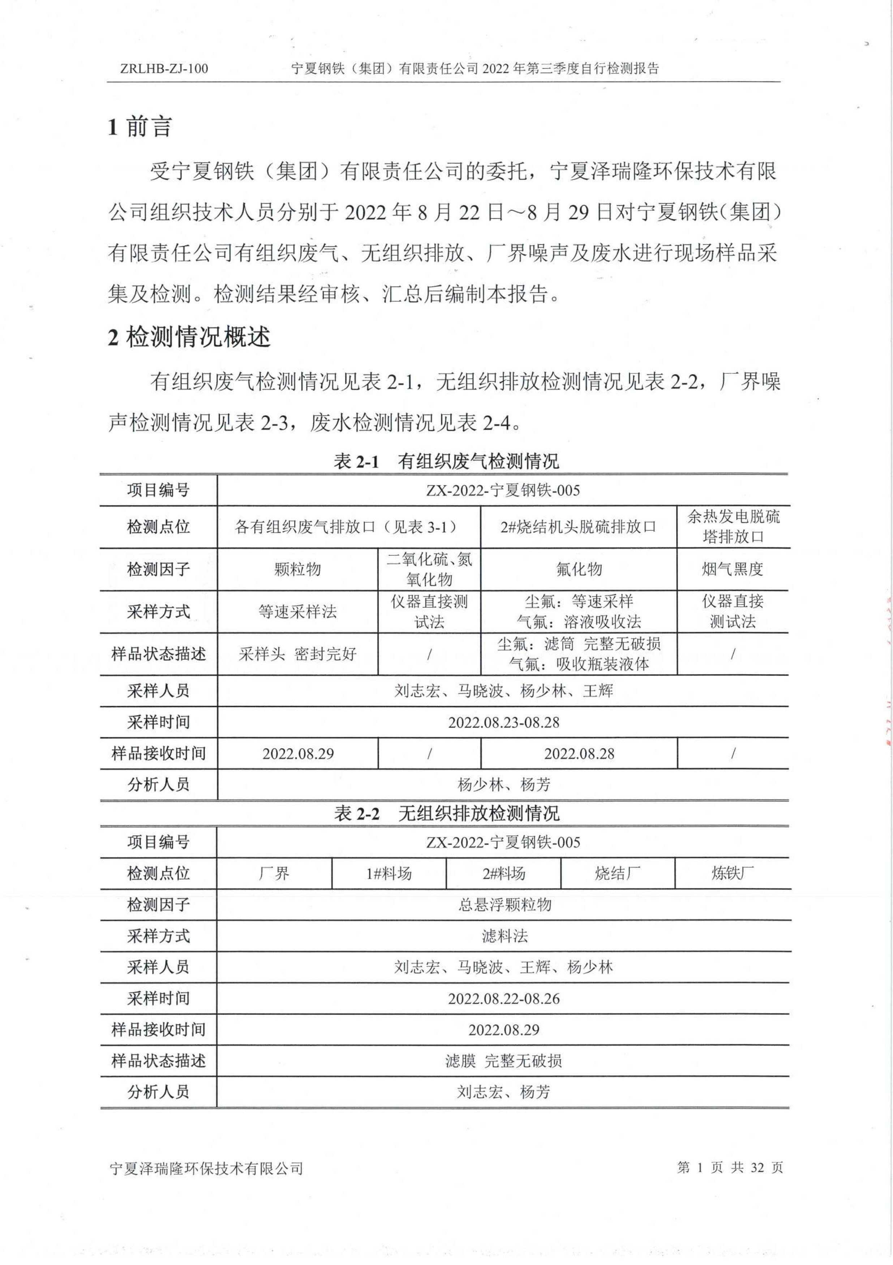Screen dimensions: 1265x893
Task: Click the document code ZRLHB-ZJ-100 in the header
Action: coord(164,69)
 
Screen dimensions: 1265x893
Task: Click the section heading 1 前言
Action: coord(140,127)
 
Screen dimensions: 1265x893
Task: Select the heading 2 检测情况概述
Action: coord(189,336)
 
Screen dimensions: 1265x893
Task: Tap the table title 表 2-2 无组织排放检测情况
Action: coord(446,813)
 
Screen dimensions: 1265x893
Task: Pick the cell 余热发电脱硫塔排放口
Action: coord(733,527)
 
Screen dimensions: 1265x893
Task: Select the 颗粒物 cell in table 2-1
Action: coord(297,569)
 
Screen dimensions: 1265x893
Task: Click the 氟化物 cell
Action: coord(579,569)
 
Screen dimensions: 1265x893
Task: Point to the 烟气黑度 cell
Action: coord(732,569)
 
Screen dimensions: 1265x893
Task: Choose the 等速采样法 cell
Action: coord(297,612)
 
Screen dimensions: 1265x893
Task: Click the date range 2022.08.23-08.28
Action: coord(503,722)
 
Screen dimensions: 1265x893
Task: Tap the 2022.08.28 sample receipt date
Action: coord(579,754)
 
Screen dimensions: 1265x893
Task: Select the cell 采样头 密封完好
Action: coord(297,654)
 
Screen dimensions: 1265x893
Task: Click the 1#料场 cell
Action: coord(389,874)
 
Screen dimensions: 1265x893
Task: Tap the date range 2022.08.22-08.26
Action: coord(503,999)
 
